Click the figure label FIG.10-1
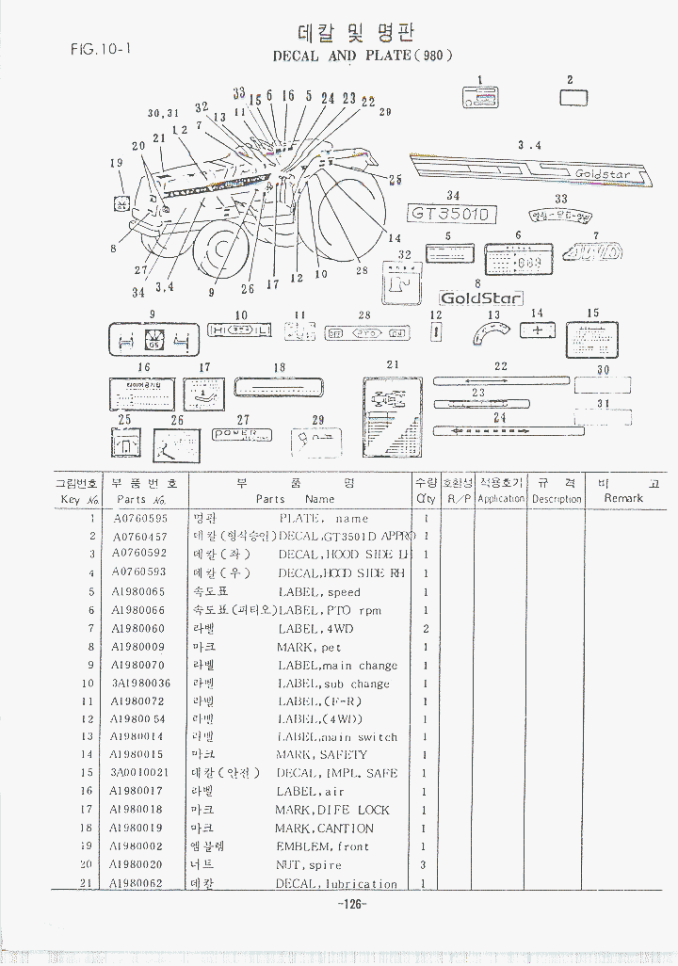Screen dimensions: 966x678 coord(100,49)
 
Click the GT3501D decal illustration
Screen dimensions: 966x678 coord(452,214)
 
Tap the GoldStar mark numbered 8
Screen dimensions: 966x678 coord(481,298)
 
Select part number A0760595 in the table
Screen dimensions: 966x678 coord(140,518)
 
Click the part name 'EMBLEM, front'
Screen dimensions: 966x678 coord(322,846)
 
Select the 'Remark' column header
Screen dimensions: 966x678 coord(623,498)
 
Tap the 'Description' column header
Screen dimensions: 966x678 coord(557,499)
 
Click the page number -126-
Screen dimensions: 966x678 coord(349,905)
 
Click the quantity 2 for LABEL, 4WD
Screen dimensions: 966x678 coord(426,628)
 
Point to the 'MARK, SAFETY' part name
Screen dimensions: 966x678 coord(321,755)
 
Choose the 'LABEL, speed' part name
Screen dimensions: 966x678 coord(319,592)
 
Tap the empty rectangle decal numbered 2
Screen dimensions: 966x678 coord(573,97)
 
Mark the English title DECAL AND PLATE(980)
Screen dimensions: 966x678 coord(363,56)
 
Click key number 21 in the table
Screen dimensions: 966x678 coord(91,883)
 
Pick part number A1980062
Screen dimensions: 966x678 coord(137,883)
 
